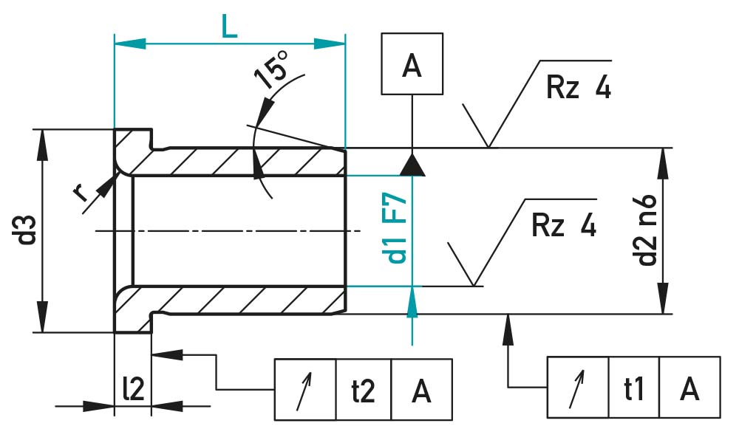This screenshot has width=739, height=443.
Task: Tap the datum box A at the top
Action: tap(412, 65)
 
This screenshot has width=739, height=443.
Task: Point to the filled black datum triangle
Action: tap(412, 165)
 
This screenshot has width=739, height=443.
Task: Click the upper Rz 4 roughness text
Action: tap(579, 89)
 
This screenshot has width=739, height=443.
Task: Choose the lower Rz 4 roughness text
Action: tap(564, 225)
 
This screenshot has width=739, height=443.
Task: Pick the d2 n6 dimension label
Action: tap(646, 230)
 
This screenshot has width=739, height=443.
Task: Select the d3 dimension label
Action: tap(28, 230)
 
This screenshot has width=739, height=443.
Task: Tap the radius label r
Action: tap(81, 193)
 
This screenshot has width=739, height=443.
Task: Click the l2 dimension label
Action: tap(133, 389)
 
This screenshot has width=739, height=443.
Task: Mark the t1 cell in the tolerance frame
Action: tap(633, 388)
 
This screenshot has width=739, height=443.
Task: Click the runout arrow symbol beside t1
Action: tap(577, 388)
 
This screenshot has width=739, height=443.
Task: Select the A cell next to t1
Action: tap(689, 388)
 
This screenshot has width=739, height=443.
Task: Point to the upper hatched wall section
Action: tap(244, 162)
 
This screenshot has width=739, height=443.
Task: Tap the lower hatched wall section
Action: tap(244, 300)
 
